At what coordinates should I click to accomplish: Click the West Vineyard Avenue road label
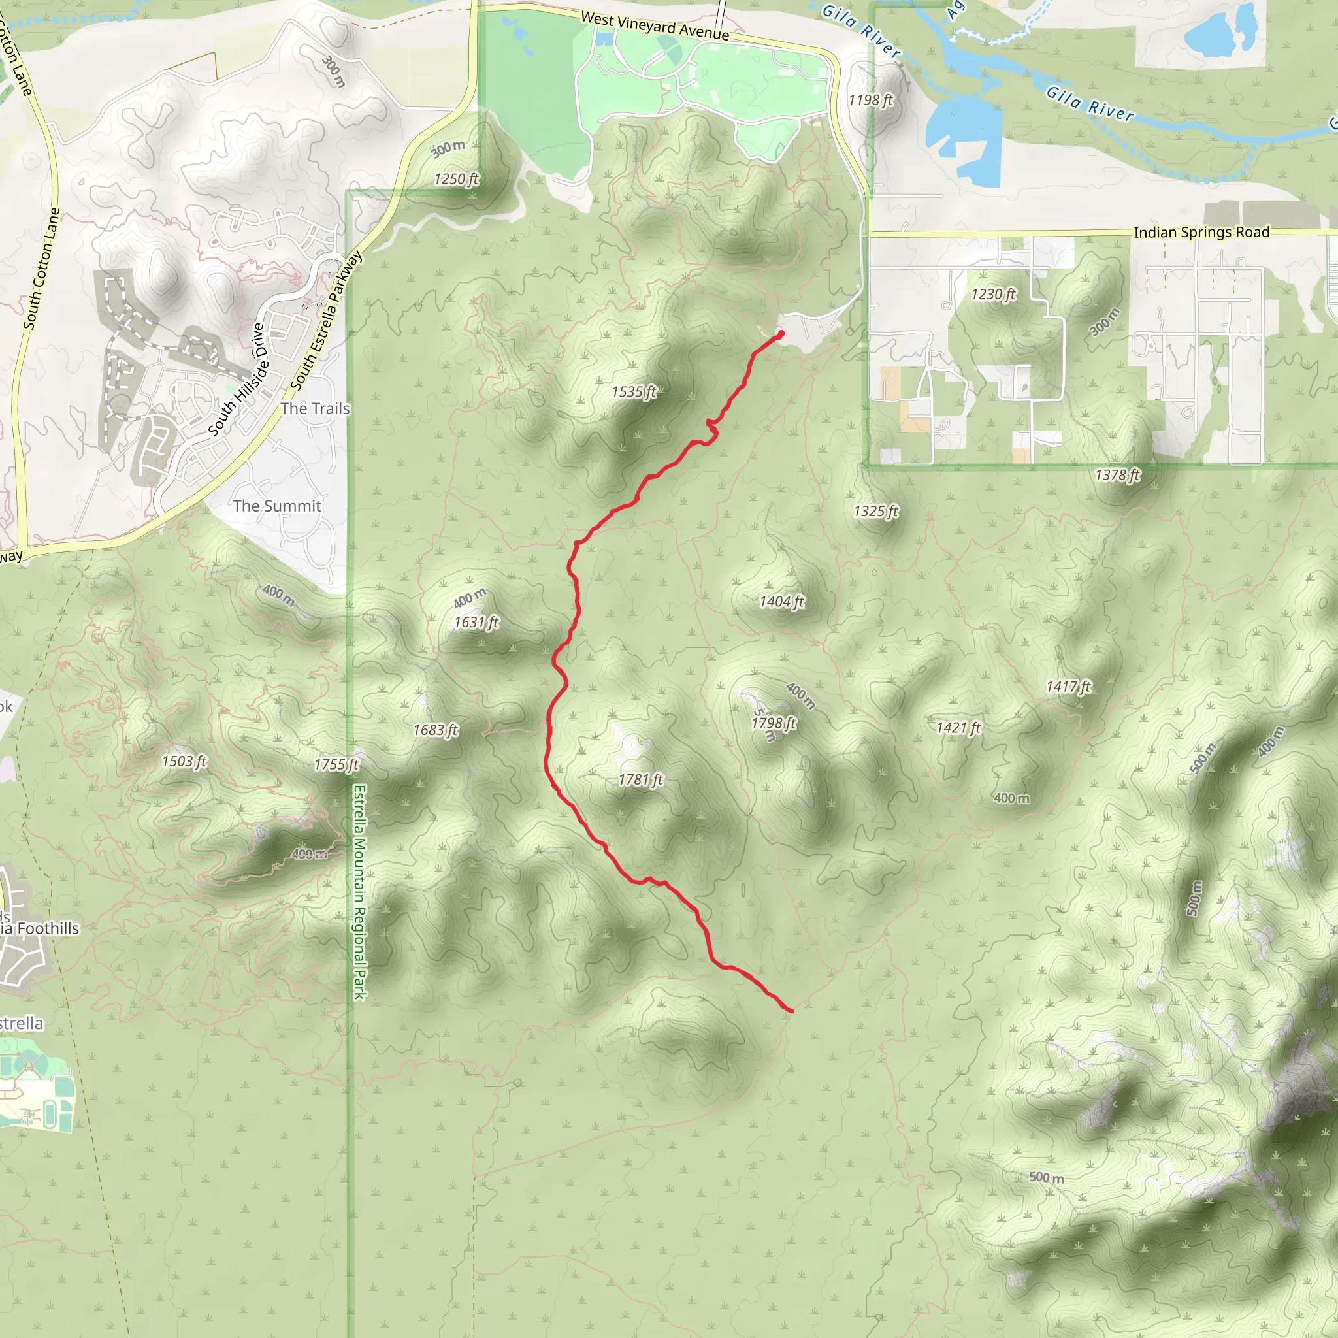point(655,25)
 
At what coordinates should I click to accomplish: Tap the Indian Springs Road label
point(1201,232)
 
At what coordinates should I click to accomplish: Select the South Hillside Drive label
point(238,380)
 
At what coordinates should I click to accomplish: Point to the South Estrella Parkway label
point(326,320)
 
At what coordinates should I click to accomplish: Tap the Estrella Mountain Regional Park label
point(359,892)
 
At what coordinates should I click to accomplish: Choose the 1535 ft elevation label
point(634,392)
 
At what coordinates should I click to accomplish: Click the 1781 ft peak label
point(641,780)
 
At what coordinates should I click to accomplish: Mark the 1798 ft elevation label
point(774,723)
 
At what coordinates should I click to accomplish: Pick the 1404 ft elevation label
point(782,602)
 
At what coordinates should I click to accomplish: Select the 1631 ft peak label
point(476,623)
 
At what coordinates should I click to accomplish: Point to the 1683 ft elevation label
point(436,730)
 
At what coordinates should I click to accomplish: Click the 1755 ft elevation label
point(336,764)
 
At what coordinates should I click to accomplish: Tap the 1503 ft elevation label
point(184,761)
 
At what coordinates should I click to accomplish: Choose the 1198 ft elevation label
point(870,101)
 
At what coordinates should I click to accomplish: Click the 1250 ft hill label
point(457,180)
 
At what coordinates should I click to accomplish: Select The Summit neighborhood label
point(277,506)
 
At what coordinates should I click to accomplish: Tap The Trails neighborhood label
point(315,408)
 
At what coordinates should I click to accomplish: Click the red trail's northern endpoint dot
point(781,334)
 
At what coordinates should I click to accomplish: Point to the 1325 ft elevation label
point(876,511)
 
